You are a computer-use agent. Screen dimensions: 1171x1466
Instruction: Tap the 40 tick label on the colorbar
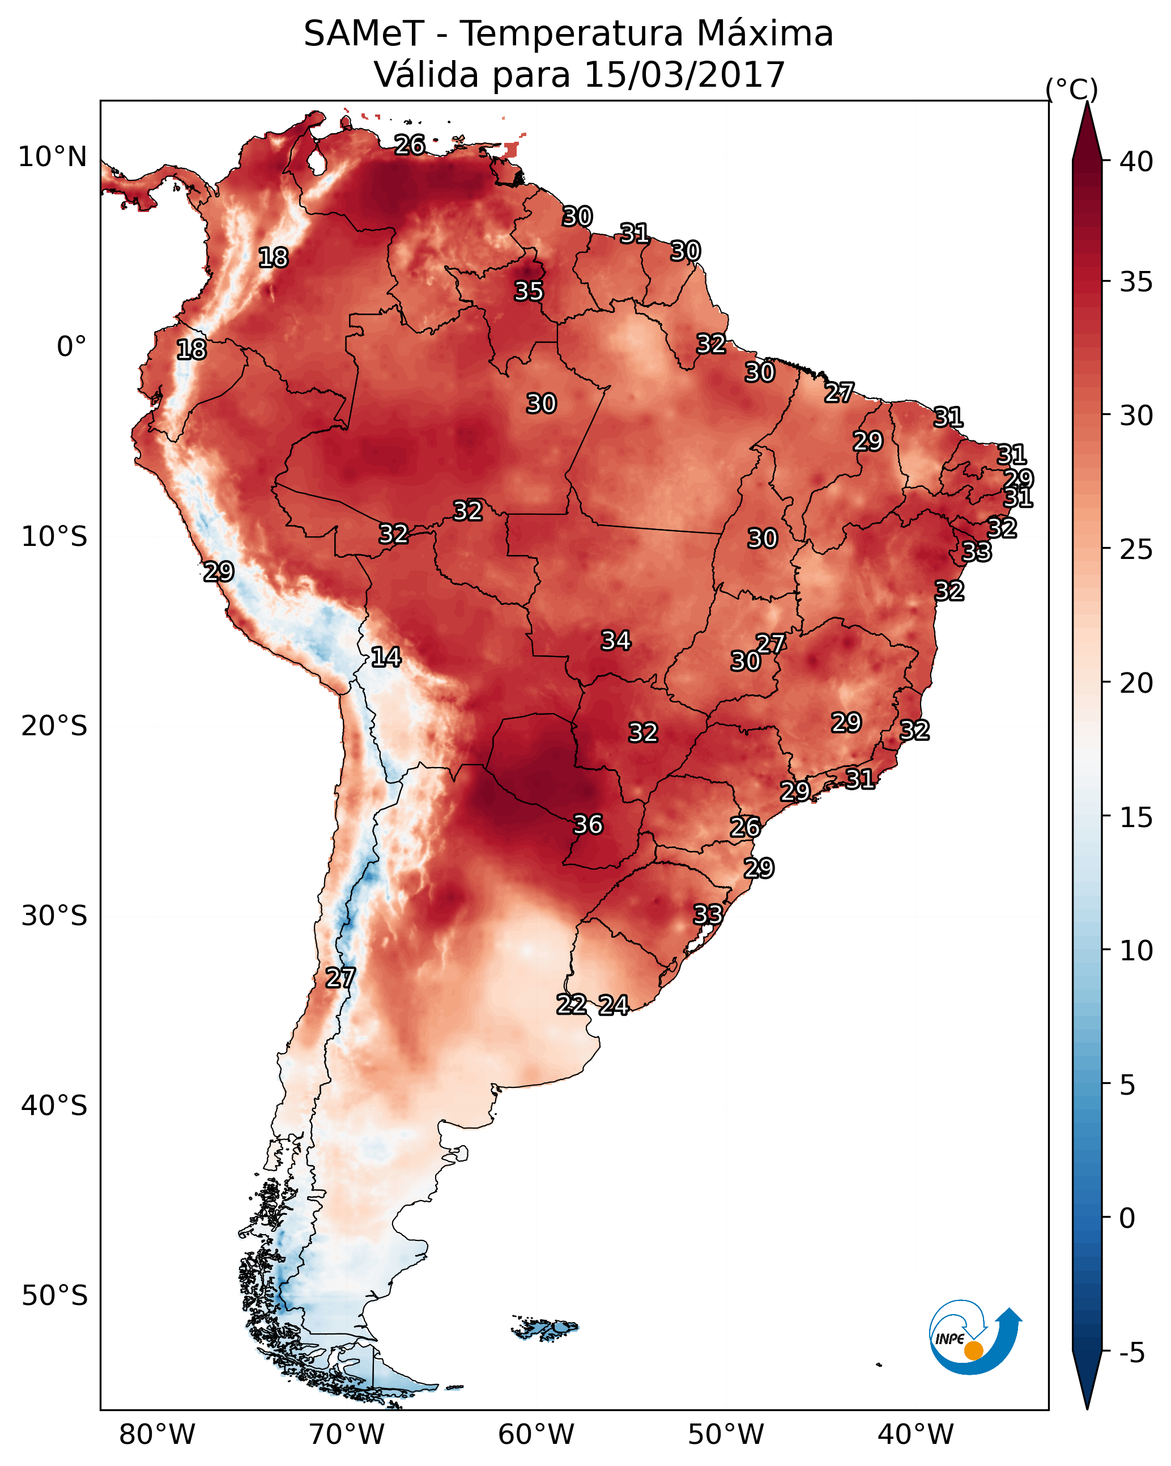point(1136,162)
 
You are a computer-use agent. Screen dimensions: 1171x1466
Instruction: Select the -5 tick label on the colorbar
point(1131,1353)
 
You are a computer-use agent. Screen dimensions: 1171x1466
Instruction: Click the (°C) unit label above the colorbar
point(1072,89)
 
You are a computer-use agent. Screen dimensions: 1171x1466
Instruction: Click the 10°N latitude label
point(52,157)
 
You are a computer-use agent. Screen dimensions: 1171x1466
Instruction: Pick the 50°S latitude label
point(54,1296)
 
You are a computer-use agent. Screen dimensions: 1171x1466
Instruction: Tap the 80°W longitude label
point(157,1435)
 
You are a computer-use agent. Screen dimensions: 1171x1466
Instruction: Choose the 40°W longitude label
point(916,1435)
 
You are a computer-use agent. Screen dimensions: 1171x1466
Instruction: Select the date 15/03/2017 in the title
point(684,74)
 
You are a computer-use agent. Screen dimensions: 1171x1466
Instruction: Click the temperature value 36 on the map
point(588,825)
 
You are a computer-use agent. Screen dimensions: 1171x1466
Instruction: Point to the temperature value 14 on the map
point(386,657)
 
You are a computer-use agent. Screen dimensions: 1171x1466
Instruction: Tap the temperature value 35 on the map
point(529,291)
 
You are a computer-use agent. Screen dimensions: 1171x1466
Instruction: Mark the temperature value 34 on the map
point(616,641)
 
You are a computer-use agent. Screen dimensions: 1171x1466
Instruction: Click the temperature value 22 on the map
point(572,1005)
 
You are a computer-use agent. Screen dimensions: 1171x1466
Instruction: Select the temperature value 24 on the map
point(614,1005)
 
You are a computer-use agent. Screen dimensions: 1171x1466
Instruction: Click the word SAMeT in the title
point(364,34)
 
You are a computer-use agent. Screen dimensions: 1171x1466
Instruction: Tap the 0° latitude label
point(72,347)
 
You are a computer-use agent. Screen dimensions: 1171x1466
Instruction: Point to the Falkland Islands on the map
point(545,1328)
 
